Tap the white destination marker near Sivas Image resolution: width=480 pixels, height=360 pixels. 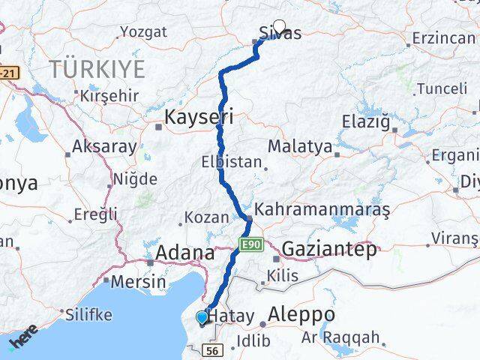click(280, 26)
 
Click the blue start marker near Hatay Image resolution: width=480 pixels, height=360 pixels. click(202, 317)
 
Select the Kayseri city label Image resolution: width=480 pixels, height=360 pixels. click(199, 117)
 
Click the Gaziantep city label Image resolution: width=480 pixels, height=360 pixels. click(329, 250)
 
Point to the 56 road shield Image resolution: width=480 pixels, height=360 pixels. click(212, 351)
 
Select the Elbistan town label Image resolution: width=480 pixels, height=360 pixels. click(232, 161)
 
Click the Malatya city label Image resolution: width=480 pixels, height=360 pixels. click(299, 146)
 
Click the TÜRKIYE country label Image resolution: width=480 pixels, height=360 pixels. click(97, 70)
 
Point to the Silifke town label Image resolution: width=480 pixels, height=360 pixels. click(88, 315)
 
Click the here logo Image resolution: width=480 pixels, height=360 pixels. click(22, 336)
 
